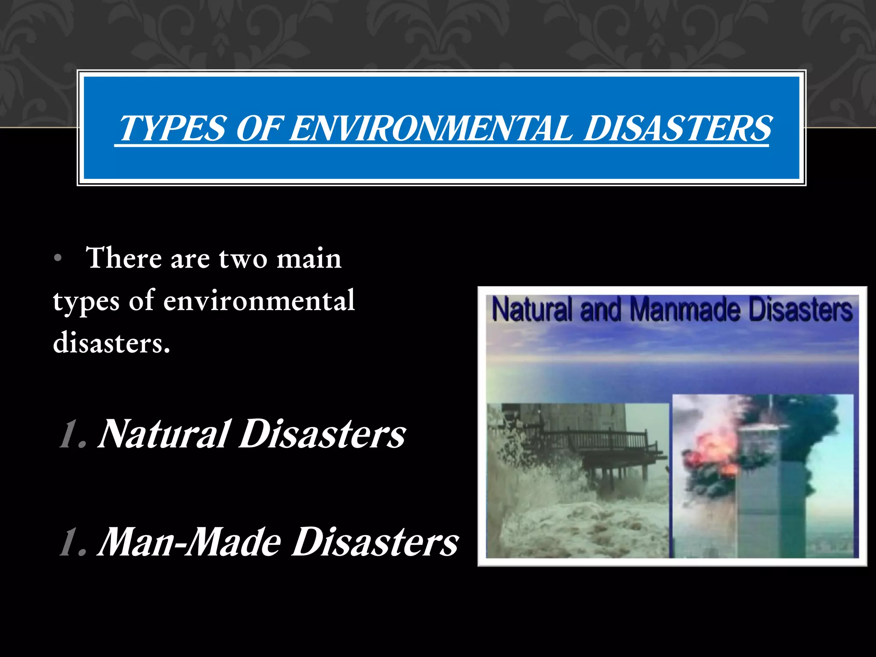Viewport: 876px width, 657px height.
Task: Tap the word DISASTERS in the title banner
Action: (678, 129)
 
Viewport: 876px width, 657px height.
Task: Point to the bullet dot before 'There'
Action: (59, 259)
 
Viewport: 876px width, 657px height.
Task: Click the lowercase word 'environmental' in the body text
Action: (259, 301)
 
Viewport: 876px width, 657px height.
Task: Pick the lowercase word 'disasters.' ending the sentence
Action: (112, 343)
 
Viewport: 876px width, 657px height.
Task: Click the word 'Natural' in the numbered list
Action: (165, 434)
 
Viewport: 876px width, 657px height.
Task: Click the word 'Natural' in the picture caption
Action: (532, 310)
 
